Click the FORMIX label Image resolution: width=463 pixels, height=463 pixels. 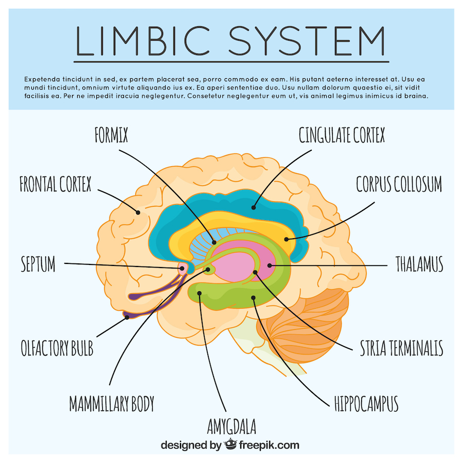111,136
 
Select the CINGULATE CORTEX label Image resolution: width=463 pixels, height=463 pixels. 342,136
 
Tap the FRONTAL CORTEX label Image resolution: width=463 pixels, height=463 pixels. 55,184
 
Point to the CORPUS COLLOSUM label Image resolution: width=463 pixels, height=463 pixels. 399,184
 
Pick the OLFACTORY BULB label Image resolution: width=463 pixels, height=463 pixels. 57,348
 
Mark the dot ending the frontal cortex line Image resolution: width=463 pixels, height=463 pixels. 138,211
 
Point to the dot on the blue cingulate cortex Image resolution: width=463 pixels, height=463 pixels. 253,208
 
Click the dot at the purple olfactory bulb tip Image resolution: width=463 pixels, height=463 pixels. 127,317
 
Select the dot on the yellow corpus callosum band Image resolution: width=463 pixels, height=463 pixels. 287,239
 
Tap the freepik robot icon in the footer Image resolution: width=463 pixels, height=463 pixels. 230,444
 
